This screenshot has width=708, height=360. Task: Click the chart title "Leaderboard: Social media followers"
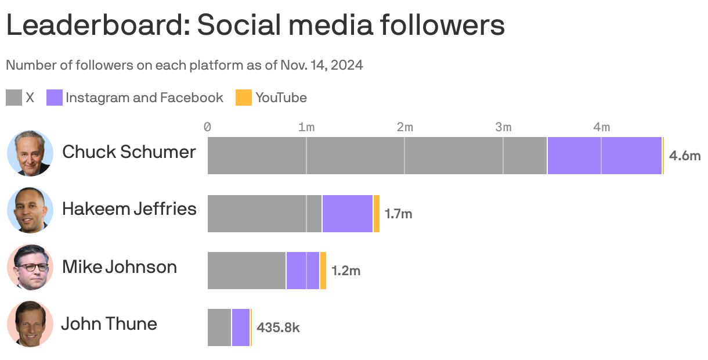point(255,26)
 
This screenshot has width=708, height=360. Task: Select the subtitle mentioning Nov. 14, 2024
point(185,65)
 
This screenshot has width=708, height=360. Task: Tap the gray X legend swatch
point(14,98)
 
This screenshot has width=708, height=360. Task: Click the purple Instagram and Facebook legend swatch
point(55,98)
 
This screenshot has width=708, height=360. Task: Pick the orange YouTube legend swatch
point(244,98)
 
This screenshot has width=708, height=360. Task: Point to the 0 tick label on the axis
point(208,127)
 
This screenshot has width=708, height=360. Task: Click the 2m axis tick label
point(404,127)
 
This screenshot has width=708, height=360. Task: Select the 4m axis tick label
point(601,127)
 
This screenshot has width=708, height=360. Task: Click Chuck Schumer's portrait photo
point(30,153)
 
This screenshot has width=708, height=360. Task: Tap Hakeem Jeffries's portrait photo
point(30,210)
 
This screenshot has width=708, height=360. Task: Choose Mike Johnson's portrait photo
point(30,267)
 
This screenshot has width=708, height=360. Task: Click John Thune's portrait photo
point(30,324)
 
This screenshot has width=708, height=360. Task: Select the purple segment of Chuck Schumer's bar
point(604,156)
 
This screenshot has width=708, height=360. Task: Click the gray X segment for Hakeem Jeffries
point(265,214)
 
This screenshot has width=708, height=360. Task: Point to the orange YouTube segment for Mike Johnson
point(323,271)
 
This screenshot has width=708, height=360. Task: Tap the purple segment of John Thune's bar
point(241,327)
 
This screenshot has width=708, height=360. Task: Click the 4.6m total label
point(685,156)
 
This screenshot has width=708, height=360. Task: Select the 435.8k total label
point(279,327)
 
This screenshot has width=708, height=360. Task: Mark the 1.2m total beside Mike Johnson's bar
point(346,271)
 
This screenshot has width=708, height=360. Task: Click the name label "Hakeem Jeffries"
point(129,208)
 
